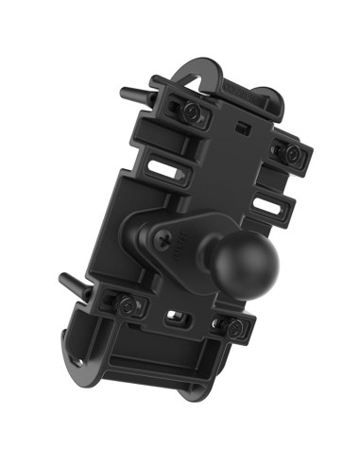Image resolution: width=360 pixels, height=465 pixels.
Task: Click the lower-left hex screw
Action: (126, 304)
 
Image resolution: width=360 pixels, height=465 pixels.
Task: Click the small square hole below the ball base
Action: (174, 316)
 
